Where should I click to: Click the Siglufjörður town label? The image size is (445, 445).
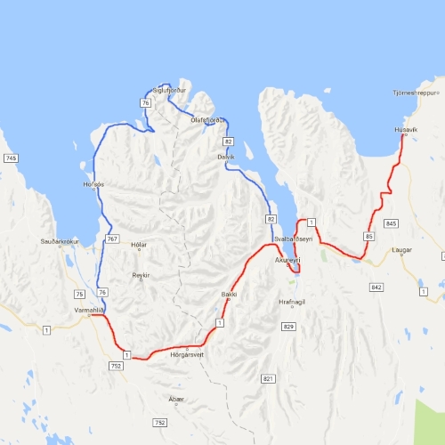[171, 91]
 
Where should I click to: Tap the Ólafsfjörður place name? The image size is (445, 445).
[209, 120]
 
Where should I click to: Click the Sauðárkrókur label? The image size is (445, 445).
[56, 241]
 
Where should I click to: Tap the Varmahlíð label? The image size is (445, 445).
[90, 311]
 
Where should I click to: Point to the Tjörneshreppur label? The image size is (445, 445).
[417, 92]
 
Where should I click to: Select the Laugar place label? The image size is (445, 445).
[402, 250]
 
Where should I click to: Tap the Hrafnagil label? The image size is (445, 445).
[291, 303]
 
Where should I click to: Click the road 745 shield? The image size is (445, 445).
[11, 158]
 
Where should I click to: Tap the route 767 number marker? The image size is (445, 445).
[112, 239]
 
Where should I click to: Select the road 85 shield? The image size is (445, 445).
[368, 236]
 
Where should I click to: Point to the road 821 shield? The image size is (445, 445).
[268, 379]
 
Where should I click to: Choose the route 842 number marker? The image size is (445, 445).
[376, 287]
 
